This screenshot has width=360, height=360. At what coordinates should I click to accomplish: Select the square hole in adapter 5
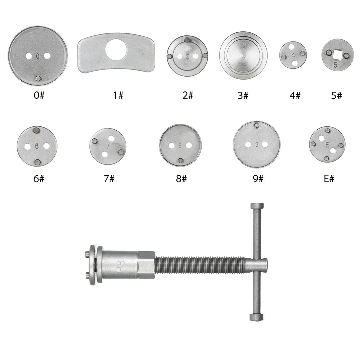click(337, 55)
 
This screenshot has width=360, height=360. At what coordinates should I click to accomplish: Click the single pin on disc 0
click(38, 78)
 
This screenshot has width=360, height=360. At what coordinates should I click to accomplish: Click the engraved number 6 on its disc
click(37, 147)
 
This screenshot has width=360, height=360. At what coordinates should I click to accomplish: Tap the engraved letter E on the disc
click(327, 145)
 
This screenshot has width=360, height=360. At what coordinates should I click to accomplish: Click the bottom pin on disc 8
click(180, 161)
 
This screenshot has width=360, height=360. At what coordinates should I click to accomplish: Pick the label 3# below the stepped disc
click(243, 95)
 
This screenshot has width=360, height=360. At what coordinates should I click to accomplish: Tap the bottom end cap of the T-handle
click(255, 317)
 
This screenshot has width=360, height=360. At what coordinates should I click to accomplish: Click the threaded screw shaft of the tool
click(202, 266)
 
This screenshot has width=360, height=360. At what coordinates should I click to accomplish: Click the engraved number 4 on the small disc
click(293, 55)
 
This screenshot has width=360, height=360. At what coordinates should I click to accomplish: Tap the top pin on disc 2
click(186, 40)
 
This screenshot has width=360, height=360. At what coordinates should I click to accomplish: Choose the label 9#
click(258, 178)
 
